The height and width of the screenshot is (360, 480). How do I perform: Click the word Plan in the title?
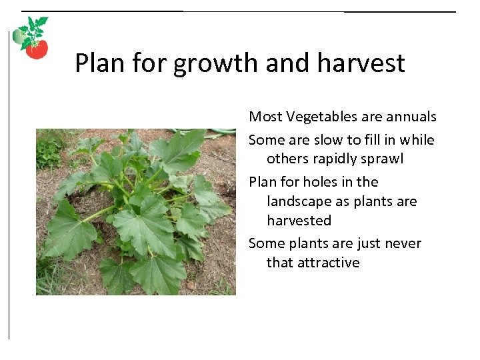tap(100, 63)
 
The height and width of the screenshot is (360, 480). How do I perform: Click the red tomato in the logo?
tap(37, 49)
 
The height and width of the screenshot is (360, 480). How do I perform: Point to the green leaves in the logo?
tap(33, 31)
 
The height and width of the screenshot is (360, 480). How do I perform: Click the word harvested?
tap(299, 221)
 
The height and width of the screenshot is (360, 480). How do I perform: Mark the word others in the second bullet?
tap(286, 159)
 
